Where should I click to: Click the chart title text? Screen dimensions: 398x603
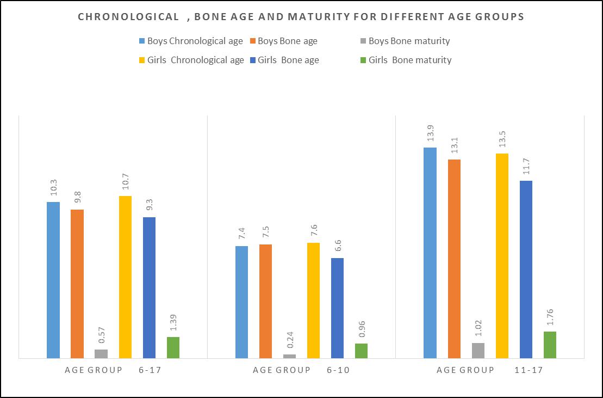coord(301,17)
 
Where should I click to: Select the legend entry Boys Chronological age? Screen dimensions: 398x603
coord(191,41)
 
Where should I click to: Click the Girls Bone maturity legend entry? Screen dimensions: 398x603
coord(409,60)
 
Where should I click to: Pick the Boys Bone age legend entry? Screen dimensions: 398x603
coord(287,41)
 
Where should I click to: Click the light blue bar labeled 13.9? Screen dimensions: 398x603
coord(430,253)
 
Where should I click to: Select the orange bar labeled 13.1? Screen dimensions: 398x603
coord(454,259)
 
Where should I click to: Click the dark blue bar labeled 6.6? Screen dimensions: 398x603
coord(337,308)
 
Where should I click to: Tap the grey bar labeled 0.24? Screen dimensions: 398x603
coord(290,356)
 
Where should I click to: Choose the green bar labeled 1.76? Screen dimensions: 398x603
coord(550,345)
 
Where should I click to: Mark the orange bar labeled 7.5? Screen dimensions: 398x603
coord(266,301)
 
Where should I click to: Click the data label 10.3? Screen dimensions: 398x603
coord(53,188)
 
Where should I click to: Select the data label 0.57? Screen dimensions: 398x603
coord(101,336)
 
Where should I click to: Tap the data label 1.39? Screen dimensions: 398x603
coord(173,323)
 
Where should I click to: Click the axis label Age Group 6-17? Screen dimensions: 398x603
coord(114,370)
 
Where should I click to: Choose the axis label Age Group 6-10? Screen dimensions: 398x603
coord(301,370)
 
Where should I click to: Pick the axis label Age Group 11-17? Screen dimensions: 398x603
coord(489,370)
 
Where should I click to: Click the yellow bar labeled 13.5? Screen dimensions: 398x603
coord(502,256)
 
